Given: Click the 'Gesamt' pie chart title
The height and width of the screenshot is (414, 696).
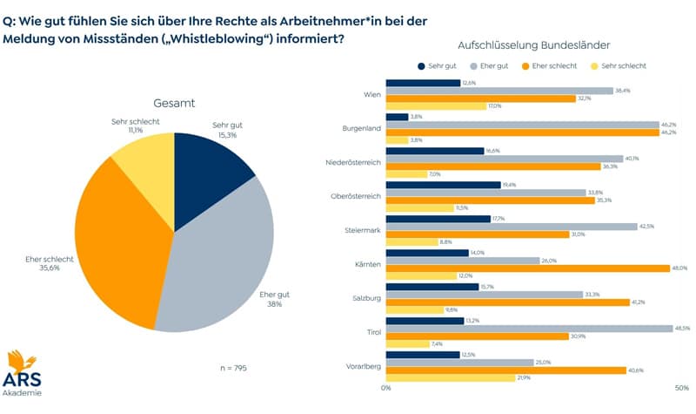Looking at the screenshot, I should [x=174, y=103].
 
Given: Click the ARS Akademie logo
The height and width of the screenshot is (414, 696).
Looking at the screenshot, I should [x=24, y=373].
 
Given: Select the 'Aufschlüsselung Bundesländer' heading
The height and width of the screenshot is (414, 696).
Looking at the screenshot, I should [x=533, y=44].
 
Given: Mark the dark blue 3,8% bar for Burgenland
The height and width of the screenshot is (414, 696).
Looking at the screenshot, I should [x=397, y=117].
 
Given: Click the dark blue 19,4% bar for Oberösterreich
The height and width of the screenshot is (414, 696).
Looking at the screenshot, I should [x=443, y=185].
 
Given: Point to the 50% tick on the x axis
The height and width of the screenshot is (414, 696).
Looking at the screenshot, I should [x=682, y=389].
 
